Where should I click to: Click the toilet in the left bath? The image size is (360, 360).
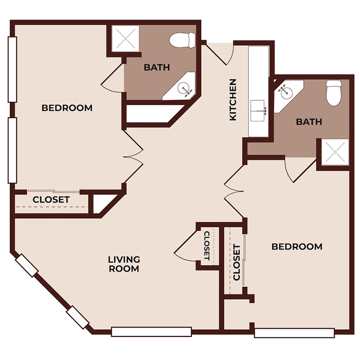coord(183,39)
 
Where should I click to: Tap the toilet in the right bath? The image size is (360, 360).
coord(334,92)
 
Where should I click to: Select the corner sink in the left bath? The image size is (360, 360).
coord(186,89)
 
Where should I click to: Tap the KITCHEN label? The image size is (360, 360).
coord(233,99)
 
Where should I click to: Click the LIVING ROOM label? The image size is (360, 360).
coord(124,264)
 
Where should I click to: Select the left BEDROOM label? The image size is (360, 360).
coord(67,108)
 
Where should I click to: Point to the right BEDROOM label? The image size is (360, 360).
coord(297,247)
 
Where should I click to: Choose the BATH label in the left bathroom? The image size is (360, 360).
coord(157,67)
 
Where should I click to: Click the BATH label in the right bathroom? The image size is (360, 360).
coord(309,122)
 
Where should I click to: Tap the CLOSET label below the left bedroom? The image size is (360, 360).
coord(51,200)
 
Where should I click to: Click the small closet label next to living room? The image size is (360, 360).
coord(207,245)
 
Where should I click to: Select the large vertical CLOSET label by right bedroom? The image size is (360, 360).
coord(237,262)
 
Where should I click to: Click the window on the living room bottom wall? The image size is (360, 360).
coord(152,332)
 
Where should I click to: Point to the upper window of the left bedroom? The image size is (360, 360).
coord(12,70)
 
